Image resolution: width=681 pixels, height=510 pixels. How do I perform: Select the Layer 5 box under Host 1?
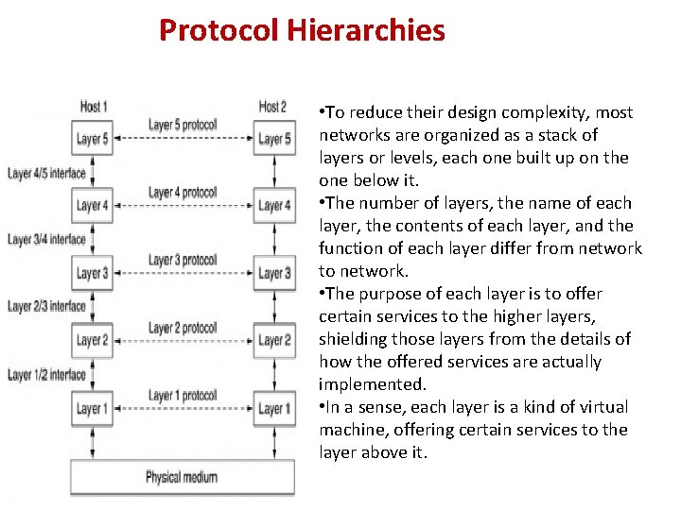(93, 139)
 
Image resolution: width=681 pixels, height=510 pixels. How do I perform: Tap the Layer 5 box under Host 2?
(274, 139)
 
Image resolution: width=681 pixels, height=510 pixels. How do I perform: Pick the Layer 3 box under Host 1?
(93, 274)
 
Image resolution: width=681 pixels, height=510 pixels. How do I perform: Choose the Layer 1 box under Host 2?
(274, 409)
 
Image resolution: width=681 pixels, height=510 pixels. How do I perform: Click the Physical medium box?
(182, 477)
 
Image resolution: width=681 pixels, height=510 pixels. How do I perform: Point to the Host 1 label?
(93, 107)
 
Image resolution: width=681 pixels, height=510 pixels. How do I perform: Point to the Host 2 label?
(273, 107)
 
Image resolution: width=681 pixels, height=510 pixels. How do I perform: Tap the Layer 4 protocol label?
(183, 193)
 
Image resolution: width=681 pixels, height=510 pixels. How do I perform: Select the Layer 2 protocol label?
(183, 328)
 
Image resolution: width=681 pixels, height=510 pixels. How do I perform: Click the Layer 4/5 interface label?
(46, 173)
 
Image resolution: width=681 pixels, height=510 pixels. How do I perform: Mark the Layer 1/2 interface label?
(46, 375)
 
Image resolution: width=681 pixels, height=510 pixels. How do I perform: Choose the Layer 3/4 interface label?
(46, 240)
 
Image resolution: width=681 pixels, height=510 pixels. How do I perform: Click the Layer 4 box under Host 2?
(274, 206)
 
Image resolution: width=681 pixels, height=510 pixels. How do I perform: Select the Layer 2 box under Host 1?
(93, 341)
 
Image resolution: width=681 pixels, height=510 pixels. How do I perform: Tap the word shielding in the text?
(354, 339)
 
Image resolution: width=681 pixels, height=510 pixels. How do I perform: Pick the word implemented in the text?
(371, 384)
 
